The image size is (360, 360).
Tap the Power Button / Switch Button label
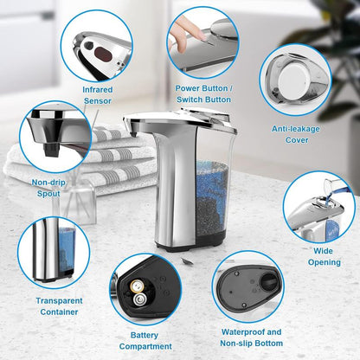tap(203, 93)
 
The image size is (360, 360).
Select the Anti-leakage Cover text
tap(296, 134)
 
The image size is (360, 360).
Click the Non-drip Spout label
tap(46, 188)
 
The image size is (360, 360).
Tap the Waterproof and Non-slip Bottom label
tap(249, 337)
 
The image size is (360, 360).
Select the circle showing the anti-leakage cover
tap(293, 79)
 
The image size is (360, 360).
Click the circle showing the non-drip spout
tap(54, 137)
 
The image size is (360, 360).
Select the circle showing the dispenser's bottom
tap(248, 288)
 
